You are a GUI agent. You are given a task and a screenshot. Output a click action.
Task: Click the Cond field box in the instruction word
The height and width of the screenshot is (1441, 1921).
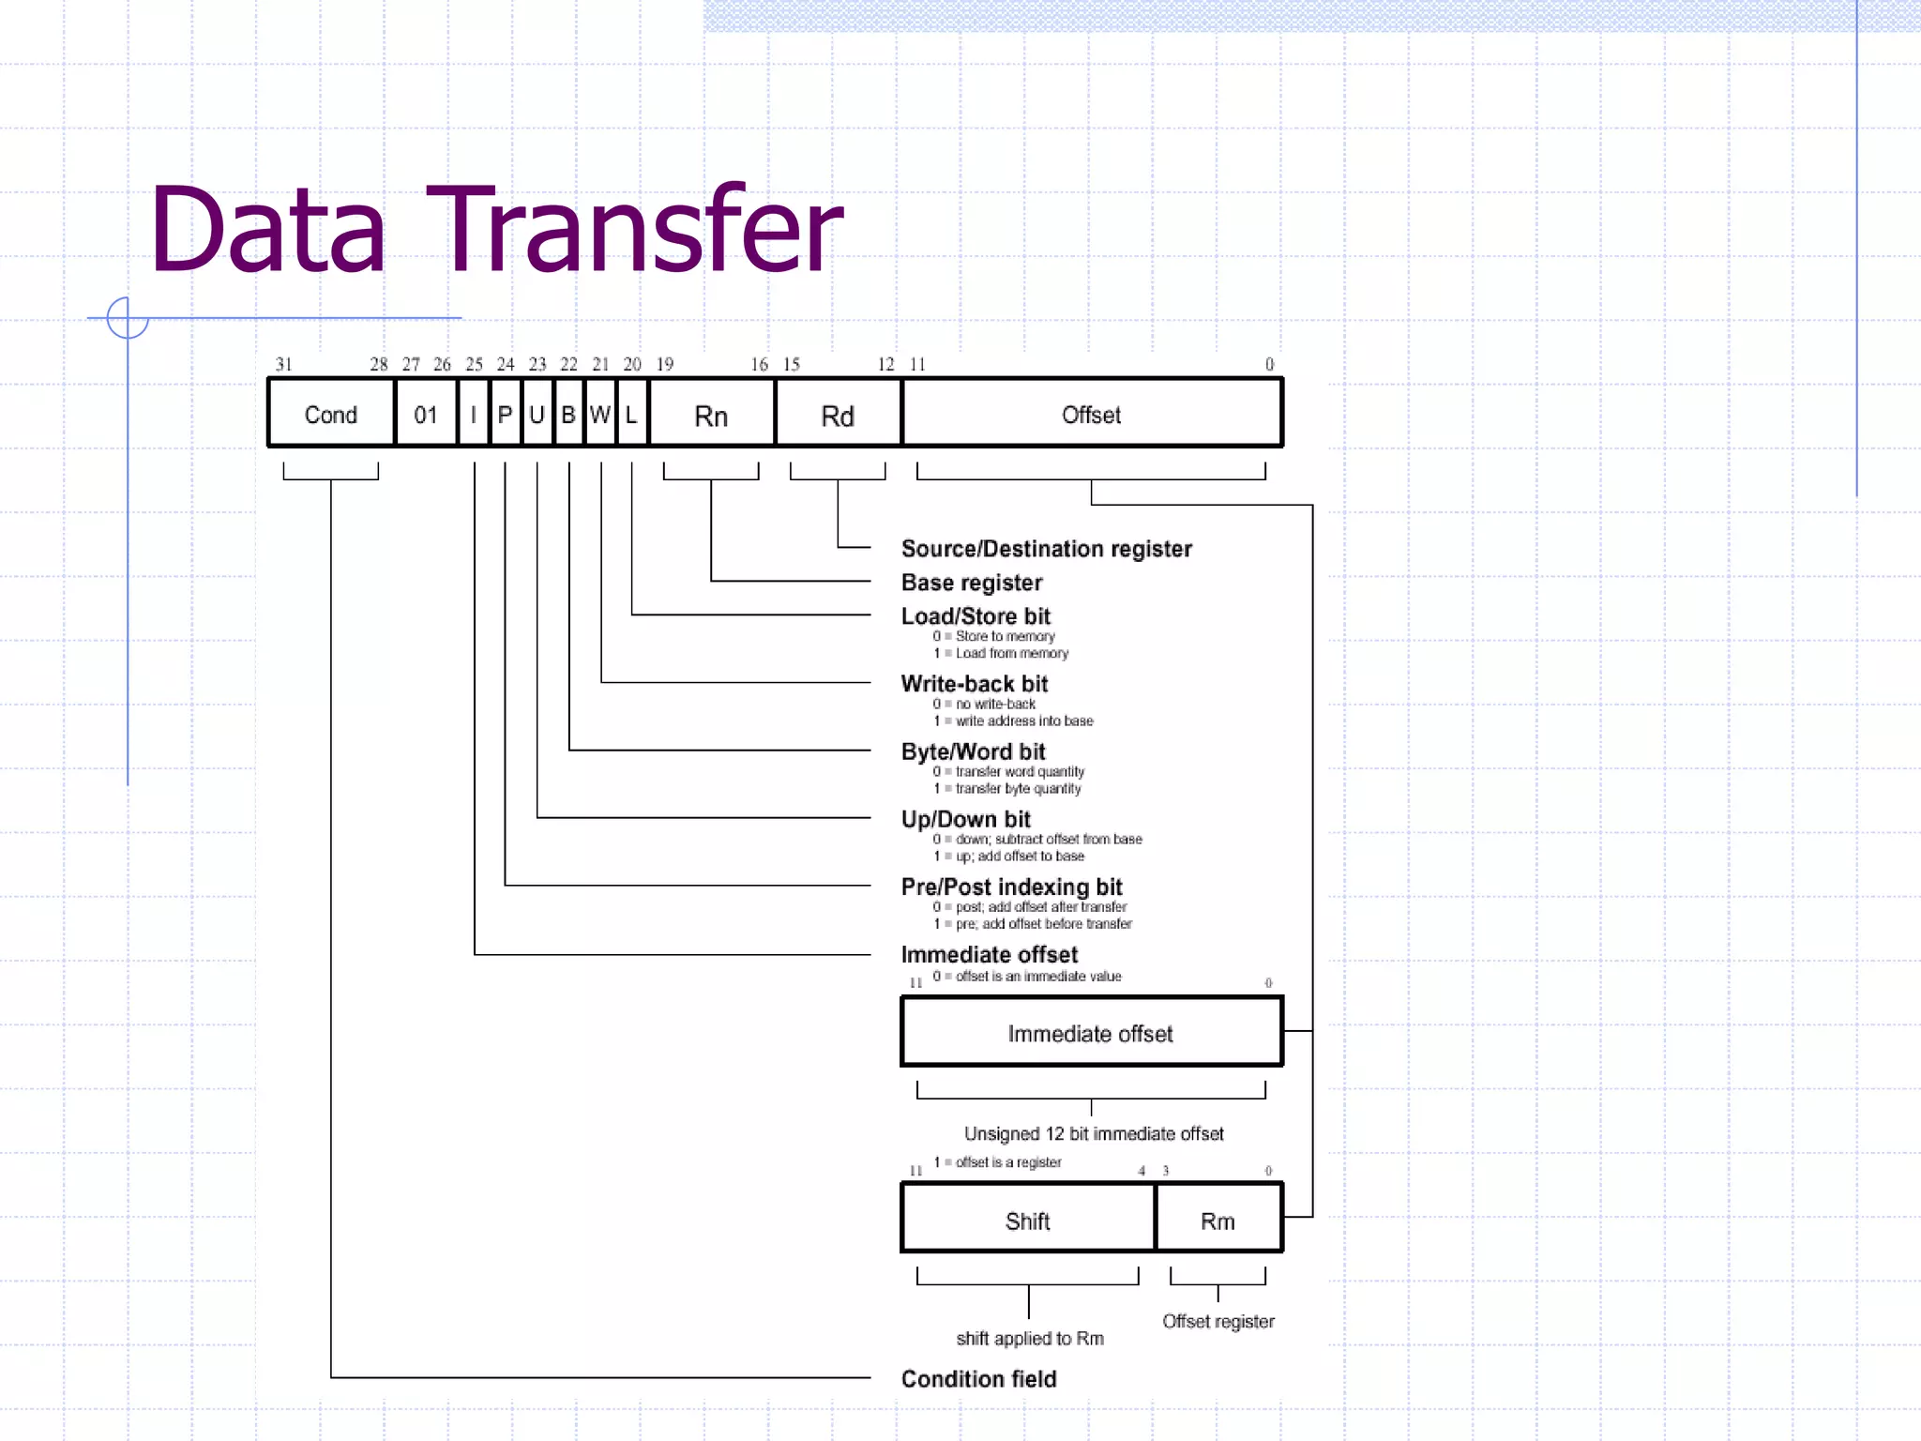330,414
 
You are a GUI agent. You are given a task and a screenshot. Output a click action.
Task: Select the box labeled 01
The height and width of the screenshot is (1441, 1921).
426,414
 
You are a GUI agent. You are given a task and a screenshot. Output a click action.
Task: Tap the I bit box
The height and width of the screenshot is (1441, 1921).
474,414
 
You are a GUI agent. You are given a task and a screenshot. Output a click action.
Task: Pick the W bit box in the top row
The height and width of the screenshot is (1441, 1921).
600,414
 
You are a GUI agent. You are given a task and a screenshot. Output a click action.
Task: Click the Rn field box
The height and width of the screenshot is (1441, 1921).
711,415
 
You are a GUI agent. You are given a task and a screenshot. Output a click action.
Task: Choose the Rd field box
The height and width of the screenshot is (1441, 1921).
838,415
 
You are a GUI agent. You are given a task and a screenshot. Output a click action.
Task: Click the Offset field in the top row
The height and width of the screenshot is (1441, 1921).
1091,414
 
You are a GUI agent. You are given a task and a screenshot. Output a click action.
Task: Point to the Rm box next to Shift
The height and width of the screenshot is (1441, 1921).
1218,1220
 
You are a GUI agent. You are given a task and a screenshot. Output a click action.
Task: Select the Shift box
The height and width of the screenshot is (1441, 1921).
1027,1220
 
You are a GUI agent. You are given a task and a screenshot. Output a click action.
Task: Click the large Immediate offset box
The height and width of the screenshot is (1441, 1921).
1090,1032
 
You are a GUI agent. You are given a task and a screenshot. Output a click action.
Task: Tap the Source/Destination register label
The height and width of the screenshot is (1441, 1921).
1046,548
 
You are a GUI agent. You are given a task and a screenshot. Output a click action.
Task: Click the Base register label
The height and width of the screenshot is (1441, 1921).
972,582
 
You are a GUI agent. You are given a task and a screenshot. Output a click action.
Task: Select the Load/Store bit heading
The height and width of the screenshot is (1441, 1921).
976,615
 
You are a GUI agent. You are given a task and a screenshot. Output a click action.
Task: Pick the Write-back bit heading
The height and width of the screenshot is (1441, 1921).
975,683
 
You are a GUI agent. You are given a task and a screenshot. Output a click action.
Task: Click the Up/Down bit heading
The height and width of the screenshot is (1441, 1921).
965,818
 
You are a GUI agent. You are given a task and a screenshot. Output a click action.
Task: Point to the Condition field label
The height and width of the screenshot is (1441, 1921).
978,1377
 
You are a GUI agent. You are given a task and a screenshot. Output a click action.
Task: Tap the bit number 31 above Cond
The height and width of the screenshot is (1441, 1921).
284,364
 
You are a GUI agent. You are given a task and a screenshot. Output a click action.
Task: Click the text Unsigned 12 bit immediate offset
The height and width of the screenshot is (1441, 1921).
1094,1132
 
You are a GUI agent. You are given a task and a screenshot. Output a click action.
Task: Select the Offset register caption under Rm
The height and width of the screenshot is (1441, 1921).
1218,1320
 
